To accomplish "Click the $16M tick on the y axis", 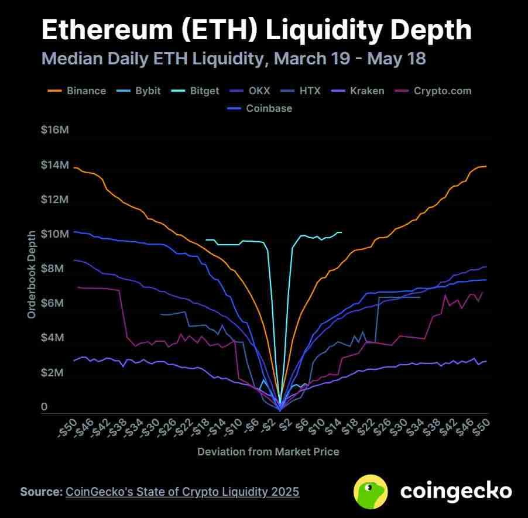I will coord(55,130).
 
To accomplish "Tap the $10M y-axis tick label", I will coord(55,234).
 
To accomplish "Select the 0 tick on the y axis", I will coord(44,407).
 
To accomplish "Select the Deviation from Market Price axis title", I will coord(268,452).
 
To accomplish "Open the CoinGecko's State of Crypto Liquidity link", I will coord(182,492).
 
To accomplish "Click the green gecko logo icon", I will coord(371,491).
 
